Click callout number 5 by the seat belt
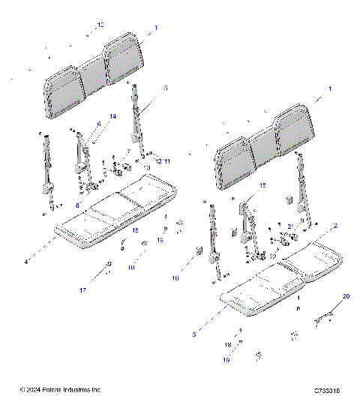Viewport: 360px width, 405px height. (x=165, y=88)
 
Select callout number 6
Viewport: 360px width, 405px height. (x=98, y=124)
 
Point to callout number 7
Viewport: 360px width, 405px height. (x=128, y=151)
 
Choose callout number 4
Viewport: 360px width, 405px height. (x=25, y=262)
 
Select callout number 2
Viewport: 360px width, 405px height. (x=335, y=225)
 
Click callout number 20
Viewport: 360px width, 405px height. (x=346, y=297)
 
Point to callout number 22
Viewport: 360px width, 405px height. (x=273, y=256)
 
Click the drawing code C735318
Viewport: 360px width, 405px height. (x=328, y=391)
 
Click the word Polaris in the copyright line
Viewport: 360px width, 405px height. (x=51, y=391)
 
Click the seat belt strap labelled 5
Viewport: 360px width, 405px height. (x=136, y=112)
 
